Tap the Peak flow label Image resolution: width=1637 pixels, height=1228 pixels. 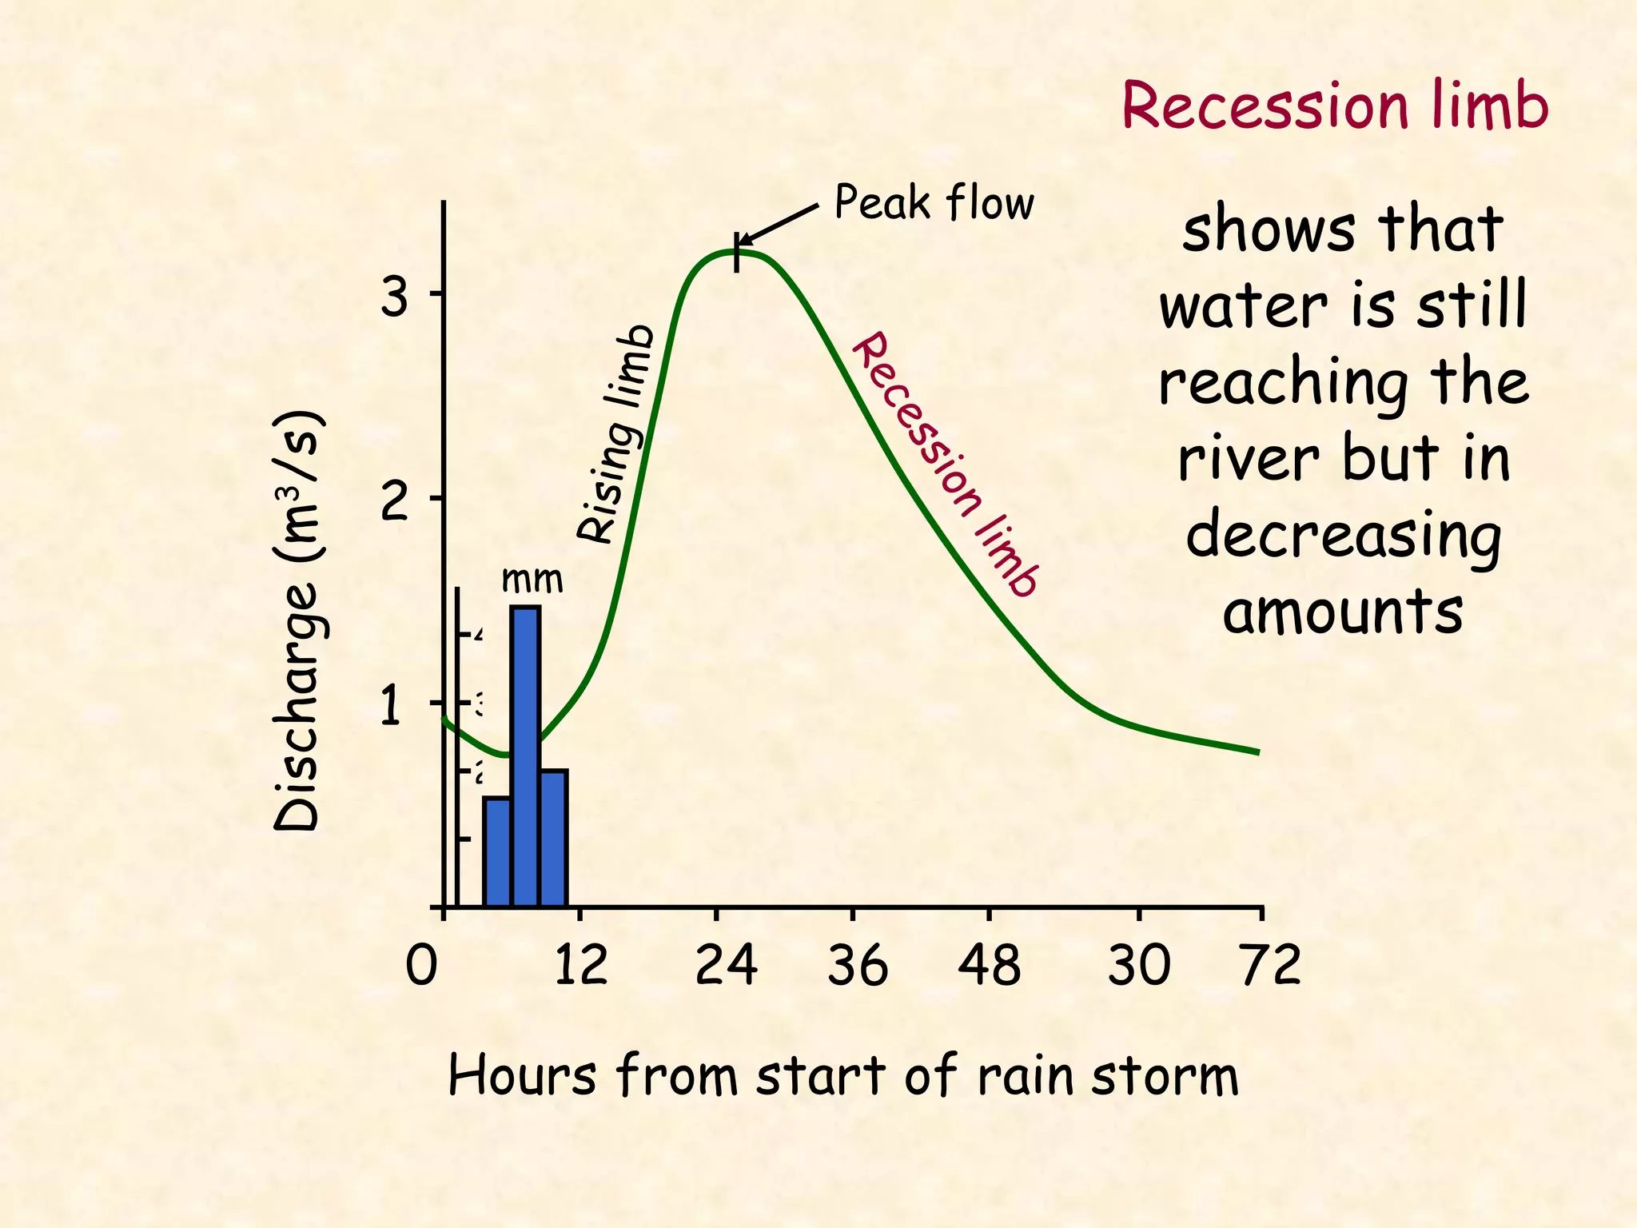coord(934,203)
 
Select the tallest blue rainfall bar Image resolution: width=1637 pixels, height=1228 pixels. coord(525,755)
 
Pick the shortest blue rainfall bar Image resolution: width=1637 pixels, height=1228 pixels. coord(496,851)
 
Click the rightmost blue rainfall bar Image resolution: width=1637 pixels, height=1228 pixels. coord(553,837)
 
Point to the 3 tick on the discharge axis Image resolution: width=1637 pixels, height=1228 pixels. coord(394,298)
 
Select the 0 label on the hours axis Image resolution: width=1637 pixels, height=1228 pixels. coord(421,966)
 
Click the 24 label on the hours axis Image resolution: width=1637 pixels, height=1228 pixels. coord(726,966)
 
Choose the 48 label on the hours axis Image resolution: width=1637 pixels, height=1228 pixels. coord(989,966)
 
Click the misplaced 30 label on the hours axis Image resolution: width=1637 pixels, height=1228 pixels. coord(1139,966)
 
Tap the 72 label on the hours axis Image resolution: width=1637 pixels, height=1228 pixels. coord(1270,966)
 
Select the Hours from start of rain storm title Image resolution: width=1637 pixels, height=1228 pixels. coord(843,1075)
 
